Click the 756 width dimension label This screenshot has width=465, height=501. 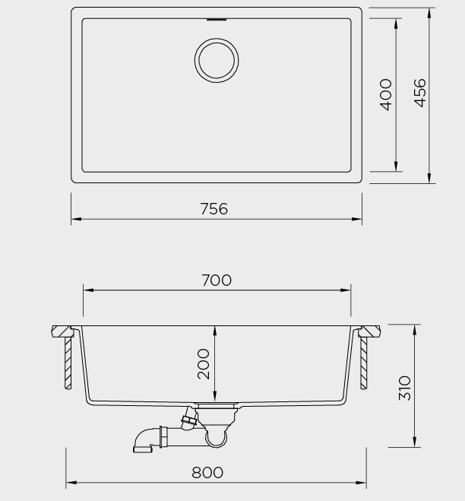tap(214, 208)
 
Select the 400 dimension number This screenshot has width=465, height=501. tap(386, 94)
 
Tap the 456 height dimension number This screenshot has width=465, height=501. tap(420, 93)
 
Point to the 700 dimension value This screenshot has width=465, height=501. tap(217, 281)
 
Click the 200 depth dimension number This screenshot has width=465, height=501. tap(204, 364)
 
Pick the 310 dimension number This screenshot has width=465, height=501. tap(404, 388)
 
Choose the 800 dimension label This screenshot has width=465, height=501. tap(207, 473)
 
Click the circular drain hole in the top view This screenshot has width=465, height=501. tap(217, 60)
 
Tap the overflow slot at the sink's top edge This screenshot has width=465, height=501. tap(217, 20)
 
